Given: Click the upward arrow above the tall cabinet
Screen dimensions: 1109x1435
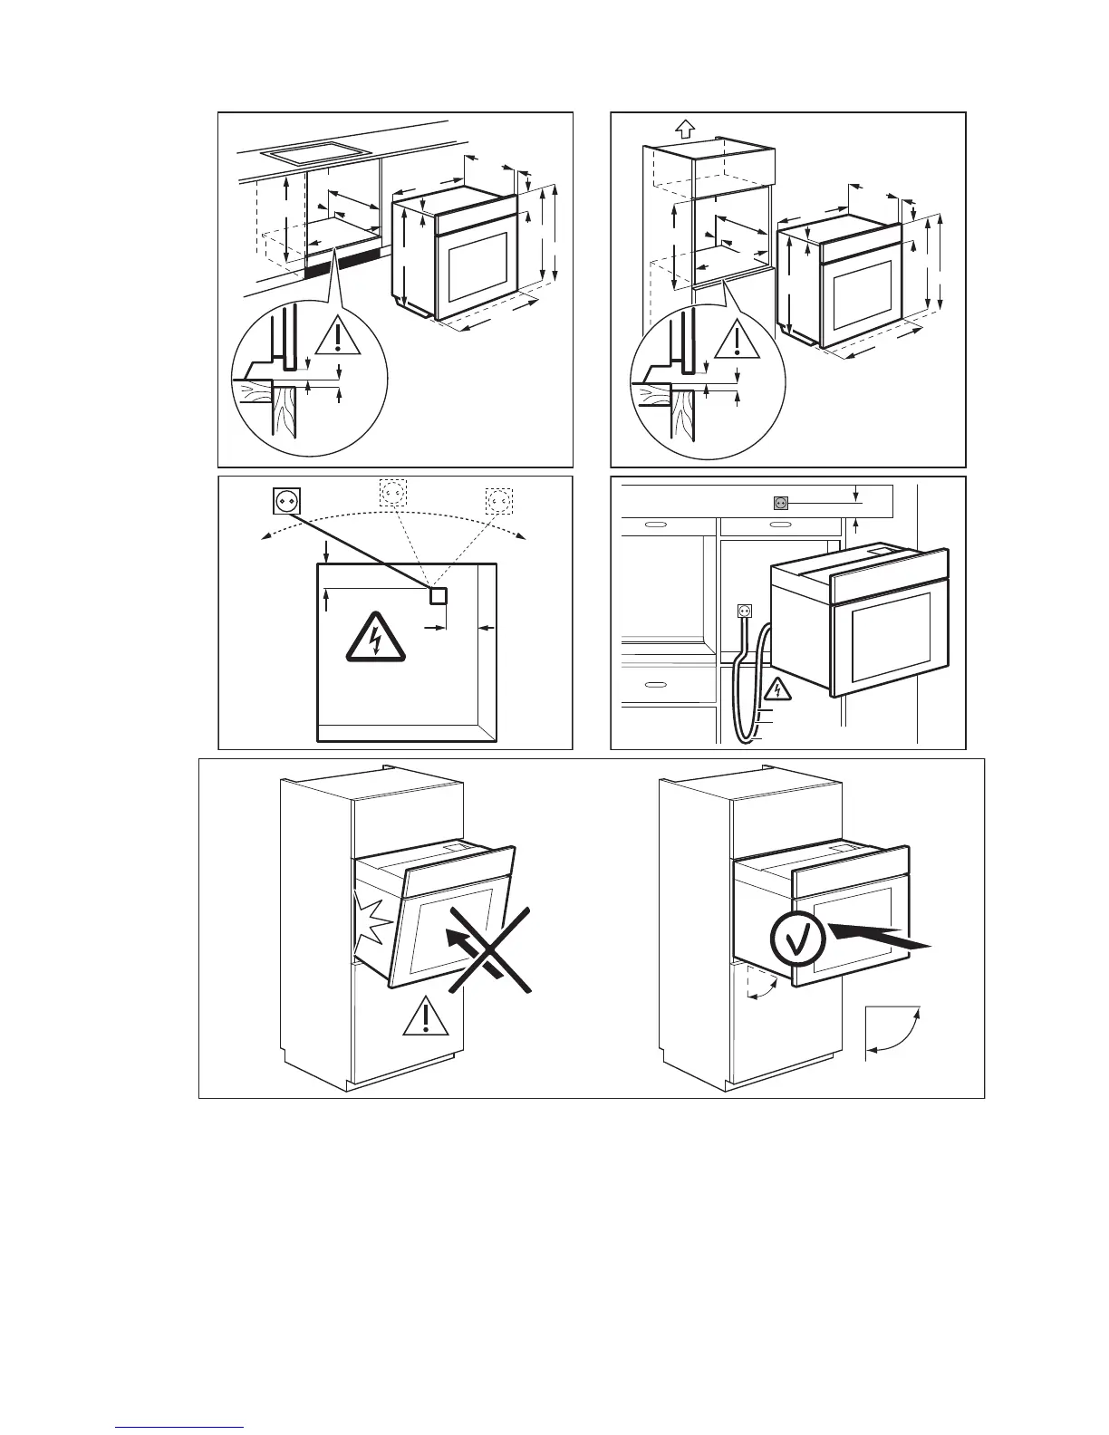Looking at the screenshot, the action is (686, 128).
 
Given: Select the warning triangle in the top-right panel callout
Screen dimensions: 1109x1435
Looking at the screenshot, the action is (738, 340).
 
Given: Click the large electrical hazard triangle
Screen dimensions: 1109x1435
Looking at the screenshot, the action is (375, 638).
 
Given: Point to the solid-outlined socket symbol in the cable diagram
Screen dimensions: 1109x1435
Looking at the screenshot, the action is (286, 500).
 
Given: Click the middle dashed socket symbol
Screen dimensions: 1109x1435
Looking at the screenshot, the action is (392, 493).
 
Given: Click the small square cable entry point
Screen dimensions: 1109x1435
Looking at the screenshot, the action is (439, 595).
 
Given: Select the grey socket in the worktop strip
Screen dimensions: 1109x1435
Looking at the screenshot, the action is (780, 502).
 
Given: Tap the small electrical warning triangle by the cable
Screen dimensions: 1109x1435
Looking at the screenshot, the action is (776, 693).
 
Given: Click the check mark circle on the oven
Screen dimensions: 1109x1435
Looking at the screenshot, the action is (797, 940).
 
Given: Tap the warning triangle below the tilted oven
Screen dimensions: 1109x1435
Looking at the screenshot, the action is (419, 1018).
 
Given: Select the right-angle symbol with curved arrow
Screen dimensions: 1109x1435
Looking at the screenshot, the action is (892, 1032).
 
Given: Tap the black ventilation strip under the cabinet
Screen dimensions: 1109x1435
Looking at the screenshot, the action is (342, 263).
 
